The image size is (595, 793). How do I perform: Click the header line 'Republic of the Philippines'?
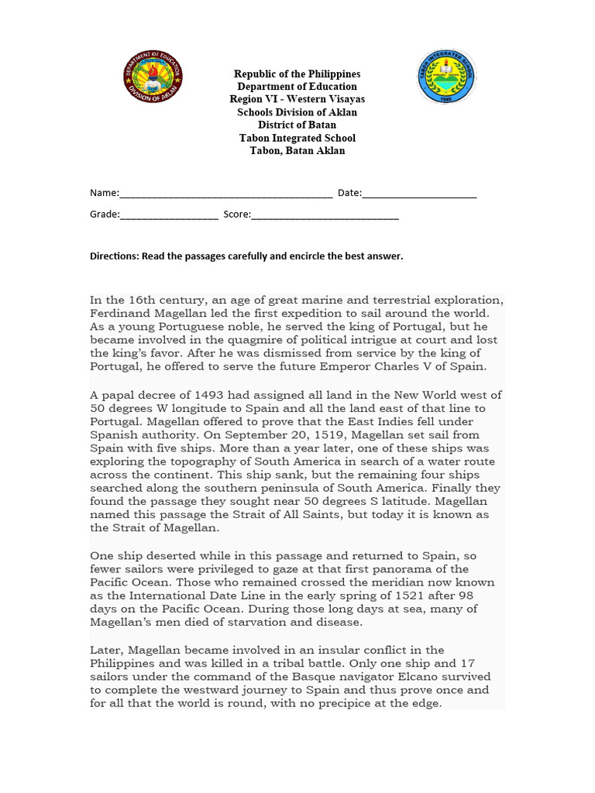pyautogui.click(x=297, y=74)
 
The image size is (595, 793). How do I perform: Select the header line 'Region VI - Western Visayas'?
pyautogui.click(x=297, y=99)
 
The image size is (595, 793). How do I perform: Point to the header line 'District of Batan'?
pyautogui.click(x=297, y=125)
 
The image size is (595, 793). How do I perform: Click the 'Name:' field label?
pyautogui.click(x=104, y=193)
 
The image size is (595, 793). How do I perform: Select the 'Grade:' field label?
pyautogui.click(x=105, y=215)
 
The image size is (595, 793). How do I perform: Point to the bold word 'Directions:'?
pyautogui.click(x=114, y=256)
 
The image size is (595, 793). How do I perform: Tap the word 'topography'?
pyautogui.click(x=208, y=462)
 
